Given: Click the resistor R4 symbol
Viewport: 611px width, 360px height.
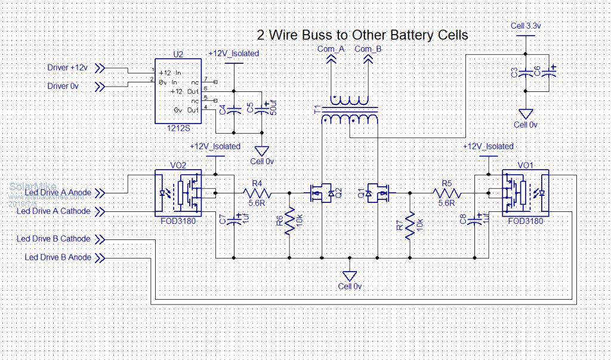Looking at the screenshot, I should point(257,193).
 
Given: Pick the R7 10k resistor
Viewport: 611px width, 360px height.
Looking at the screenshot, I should point(410,226).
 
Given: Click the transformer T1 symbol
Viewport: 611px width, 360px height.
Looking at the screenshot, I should point(350,112).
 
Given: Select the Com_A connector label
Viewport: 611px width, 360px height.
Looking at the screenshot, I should point(331,49).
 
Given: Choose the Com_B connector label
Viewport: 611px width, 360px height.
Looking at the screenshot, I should point(368,49).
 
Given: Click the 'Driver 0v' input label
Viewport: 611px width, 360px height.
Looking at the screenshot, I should point(63,87).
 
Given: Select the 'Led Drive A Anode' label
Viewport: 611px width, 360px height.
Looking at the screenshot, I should point(55,192).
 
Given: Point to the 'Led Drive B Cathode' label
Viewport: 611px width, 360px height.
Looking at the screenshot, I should point(54,239).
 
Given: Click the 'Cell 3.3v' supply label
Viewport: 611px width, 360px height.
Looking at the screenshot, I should point(526,26).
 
